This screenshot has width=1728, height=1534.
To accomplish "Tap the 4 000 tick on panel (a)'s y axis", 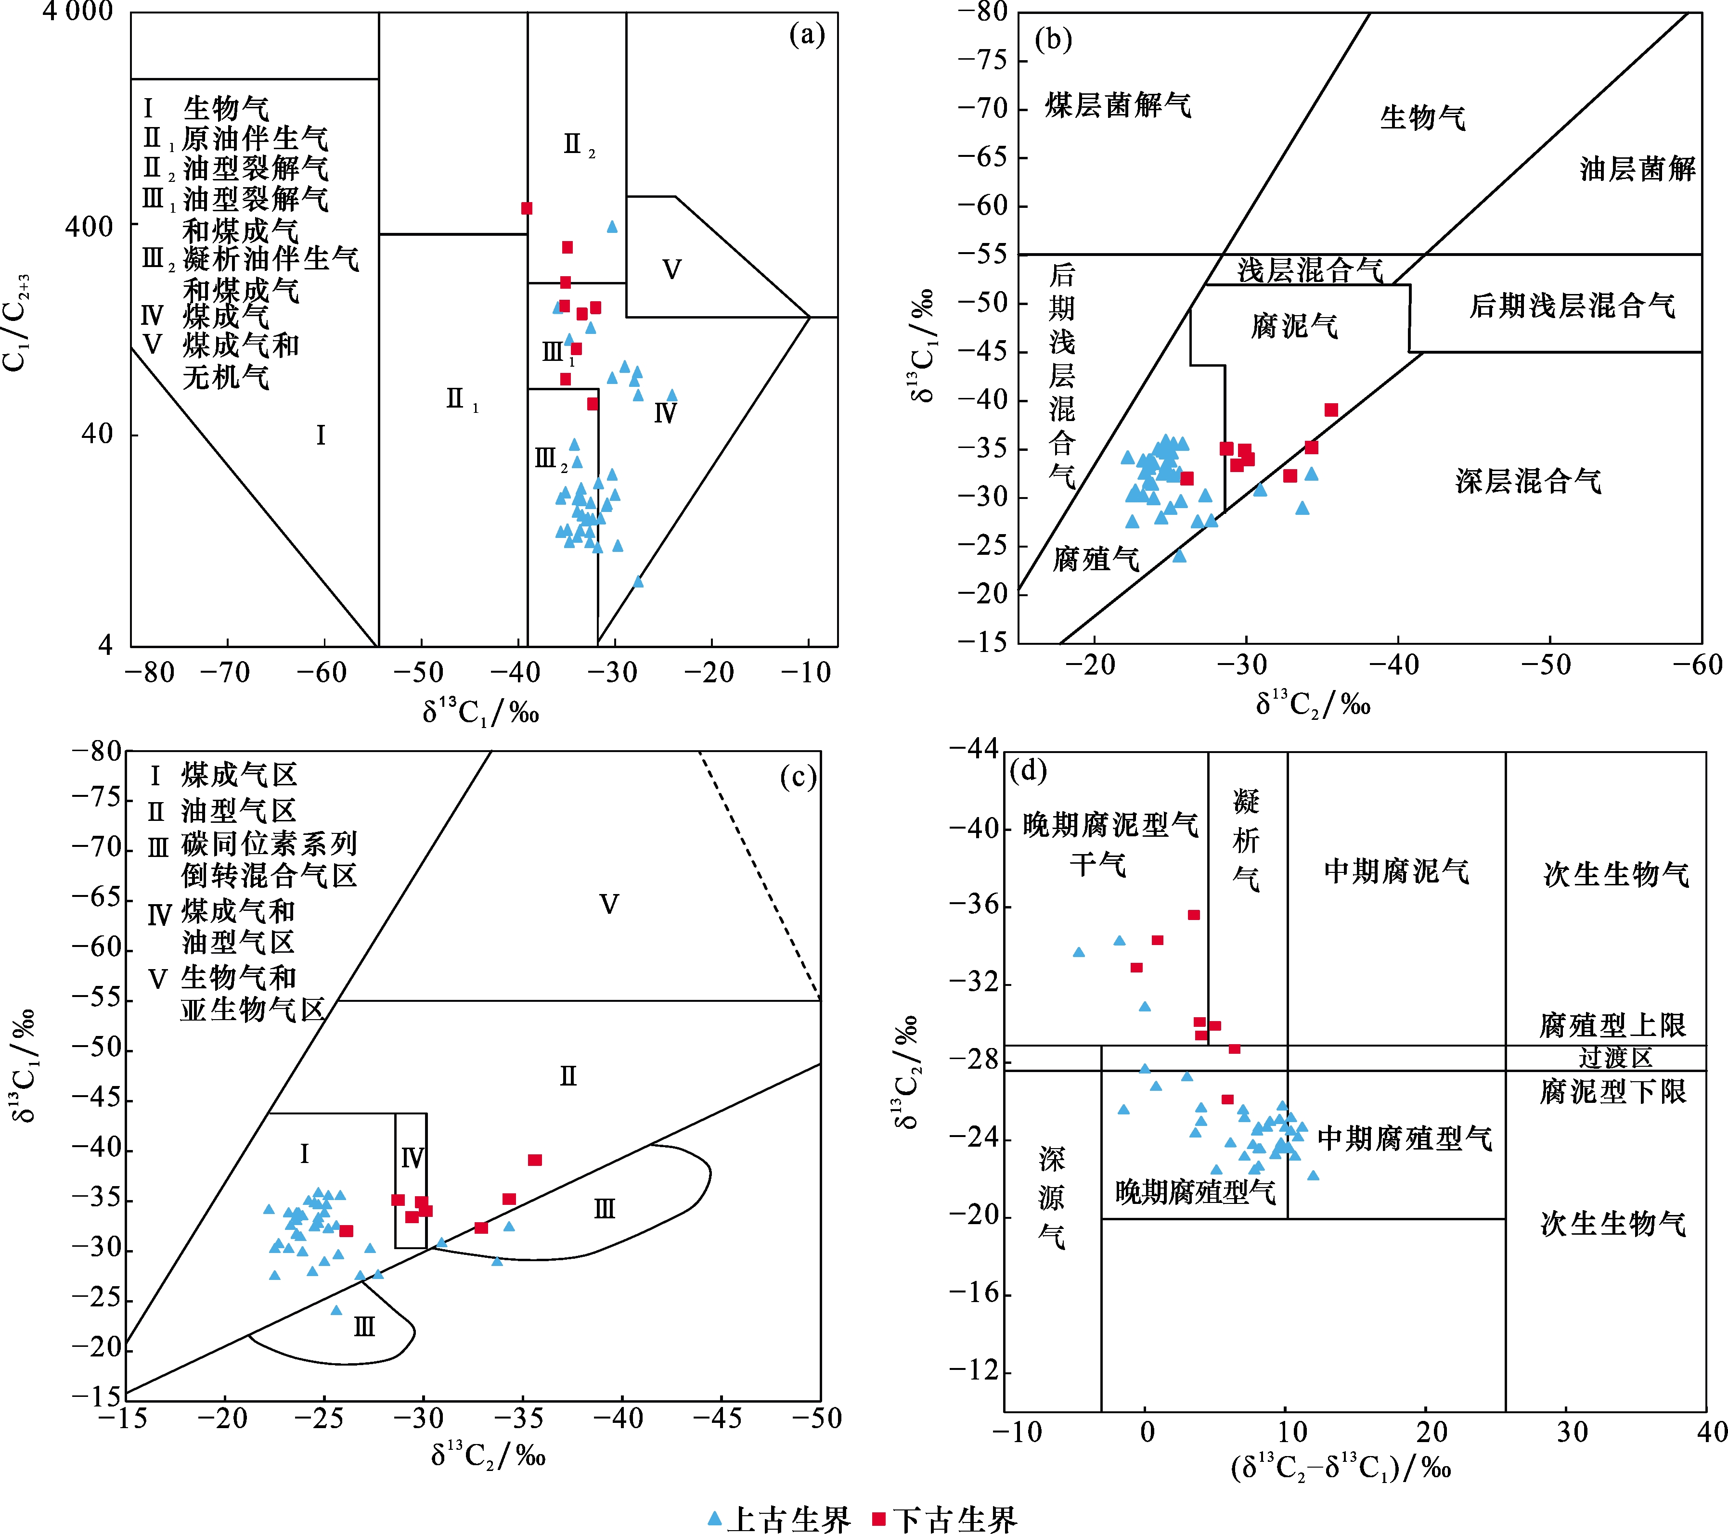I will tap(78, 13).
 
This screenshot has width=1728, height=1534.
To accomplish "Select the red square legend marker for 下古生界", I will tap(878, 1519).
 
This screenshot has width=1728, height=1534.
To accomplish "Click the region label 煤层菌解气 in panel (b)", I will tap(1118, 106).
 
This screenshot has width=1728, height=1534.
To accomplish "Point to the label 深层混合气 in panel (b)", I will tap(1528, 481).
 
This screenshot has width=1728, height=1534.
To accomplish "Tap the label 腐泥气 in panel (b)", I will tap(1294, 325).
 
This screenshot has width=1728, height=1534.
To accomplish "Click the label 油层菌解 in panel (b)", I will tap(1638, 169).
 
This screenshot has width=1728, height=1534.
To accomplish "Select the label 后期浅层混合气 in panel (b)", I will tap(1572, 305).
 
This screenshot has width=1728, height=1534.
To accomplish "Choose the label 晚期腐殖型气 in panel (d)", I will tap(1195, 1192).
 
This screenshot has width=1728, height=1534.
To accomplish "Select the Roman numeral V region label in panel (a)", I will tap(671, 269).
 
